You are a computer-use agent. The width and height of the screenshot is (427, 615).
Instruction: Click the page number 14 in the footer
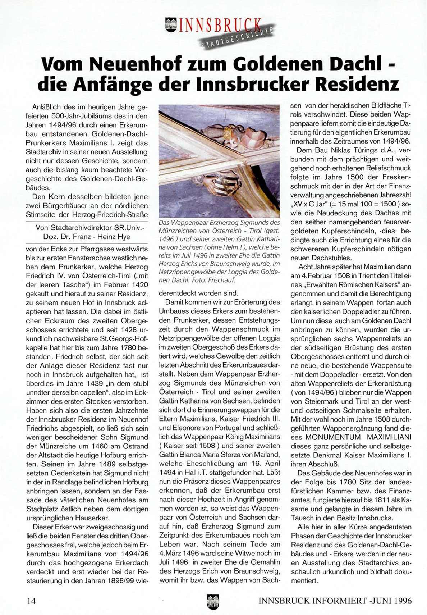[31, 601]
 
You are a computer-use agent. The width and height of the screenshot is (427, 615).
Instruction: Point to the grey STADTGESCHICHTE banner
[238, 38]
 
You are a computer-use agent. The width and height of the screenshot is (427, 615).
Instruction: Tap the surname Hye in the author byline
[123, 237]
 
